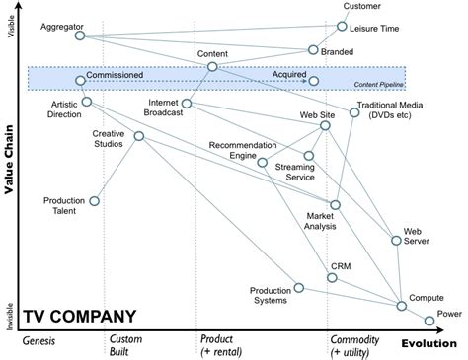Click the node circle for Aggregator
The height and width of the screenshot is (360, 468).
click(80, 36)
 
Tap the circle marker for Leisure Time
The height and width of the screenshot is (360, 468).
click(342, 27)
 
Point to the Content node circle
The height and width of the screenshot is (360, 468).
click(212, 67)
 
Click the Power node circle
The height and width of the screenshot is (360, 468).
click(429, 321)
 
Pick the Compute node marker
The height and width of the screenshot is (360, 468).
click(401, 307)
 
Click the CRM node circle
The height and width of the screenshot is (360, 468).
click(333, 278)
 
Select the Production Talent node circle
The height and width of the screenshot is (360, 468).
click(94, 201)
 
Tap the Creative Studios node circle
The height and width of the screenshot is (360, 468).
click(139, 136)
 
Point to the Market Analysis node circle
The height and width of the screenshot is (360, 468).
click(336, 205)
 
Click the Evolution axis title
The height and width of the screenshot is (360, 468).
click(429, 342)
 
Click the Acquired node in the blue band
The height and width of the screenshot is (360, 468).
click(313, 81)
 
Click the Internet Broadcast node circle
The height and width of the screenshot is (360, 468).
click(185, 103)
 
